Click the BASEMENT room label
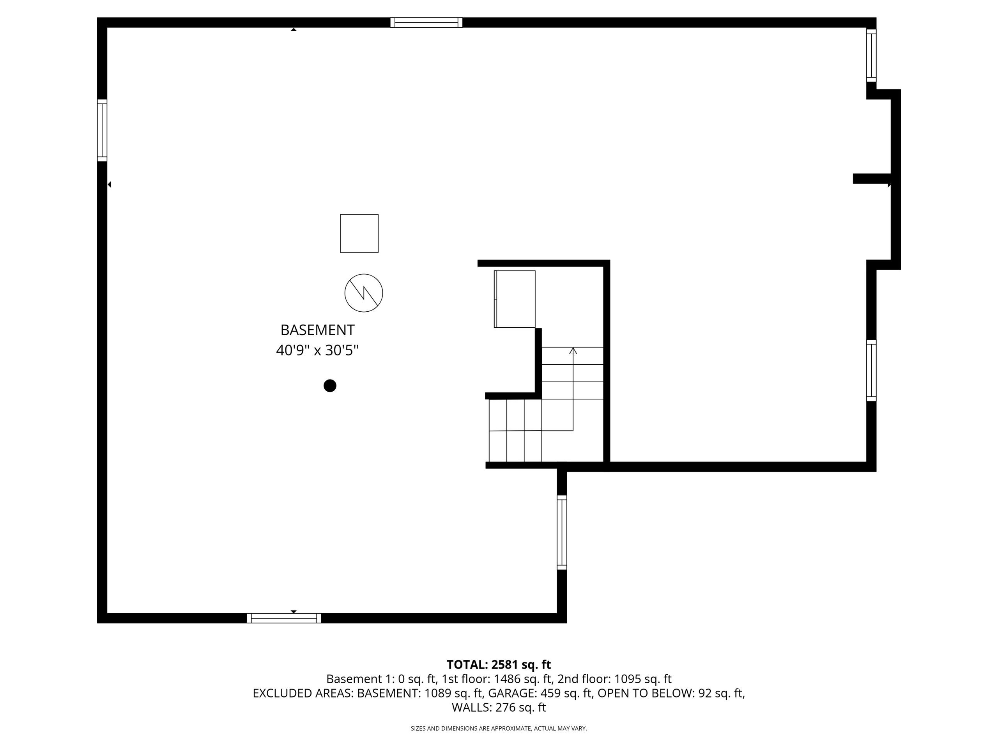point(317,330)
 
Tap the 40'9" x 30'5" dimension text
point(317,350)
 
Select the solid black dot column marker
point(330,385)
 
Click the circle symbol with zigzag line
point(364,293)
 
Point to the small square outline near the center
point(359,233)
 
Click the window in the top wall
point(426,23)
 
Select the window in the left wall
point(103,130)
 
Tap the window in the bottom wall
point(284,618)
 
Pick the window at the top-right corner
point(871,55)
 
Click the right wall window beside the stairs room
point(871,370)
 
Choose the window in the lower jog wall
point(562,532)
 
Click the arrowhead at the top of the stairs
point(573,351)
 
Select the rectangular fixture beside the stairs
point(515,299)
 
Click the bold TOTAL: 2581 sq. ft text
point(499,665)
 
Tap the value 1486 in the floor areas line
point(508,679)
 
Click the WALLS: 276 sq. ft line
point(499,708)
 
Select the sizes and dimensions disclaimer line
point(499,728)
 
